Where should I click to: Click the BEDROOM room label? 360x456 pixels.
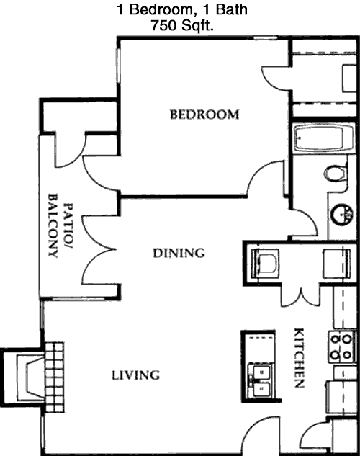204,115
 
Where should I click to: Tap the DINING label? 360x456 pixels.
179,253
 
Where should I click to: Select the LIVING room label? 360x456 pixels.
135,375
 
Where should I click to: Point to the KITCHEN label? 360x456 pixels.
300,358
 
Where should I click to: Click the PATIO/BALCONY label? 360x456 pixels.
60,225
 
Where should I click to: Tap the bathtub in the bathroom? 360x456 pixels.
324,138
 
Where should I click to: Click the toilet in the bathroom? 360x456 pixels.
336,174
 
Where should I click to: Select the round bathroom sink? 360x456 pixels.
342,215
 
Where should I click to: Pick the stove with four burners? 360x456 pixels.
342,347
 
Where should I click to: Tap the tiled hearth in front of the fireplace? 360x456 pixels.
54,377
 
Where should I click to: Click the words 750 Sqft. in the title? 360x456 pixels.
182,26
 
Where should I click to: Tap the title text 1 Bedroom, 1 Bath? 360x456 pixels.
182,9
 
